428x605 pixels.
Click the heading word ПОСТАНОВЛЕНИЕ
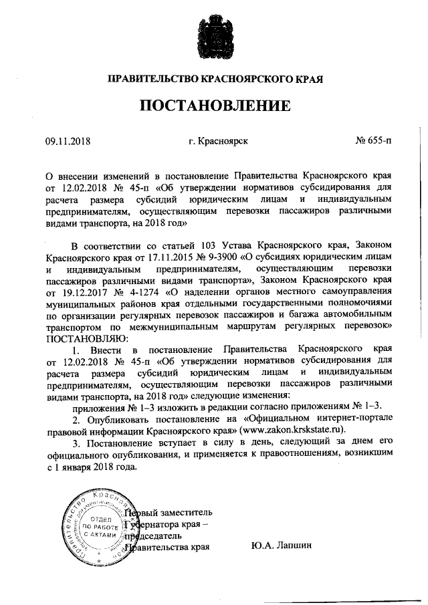click(215, 106)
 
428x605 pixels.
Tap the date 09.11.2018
click(68, 141)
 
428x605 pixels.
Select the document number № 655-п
click(374, 141)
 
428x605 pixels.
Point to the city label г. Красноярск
click(219, 141)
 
